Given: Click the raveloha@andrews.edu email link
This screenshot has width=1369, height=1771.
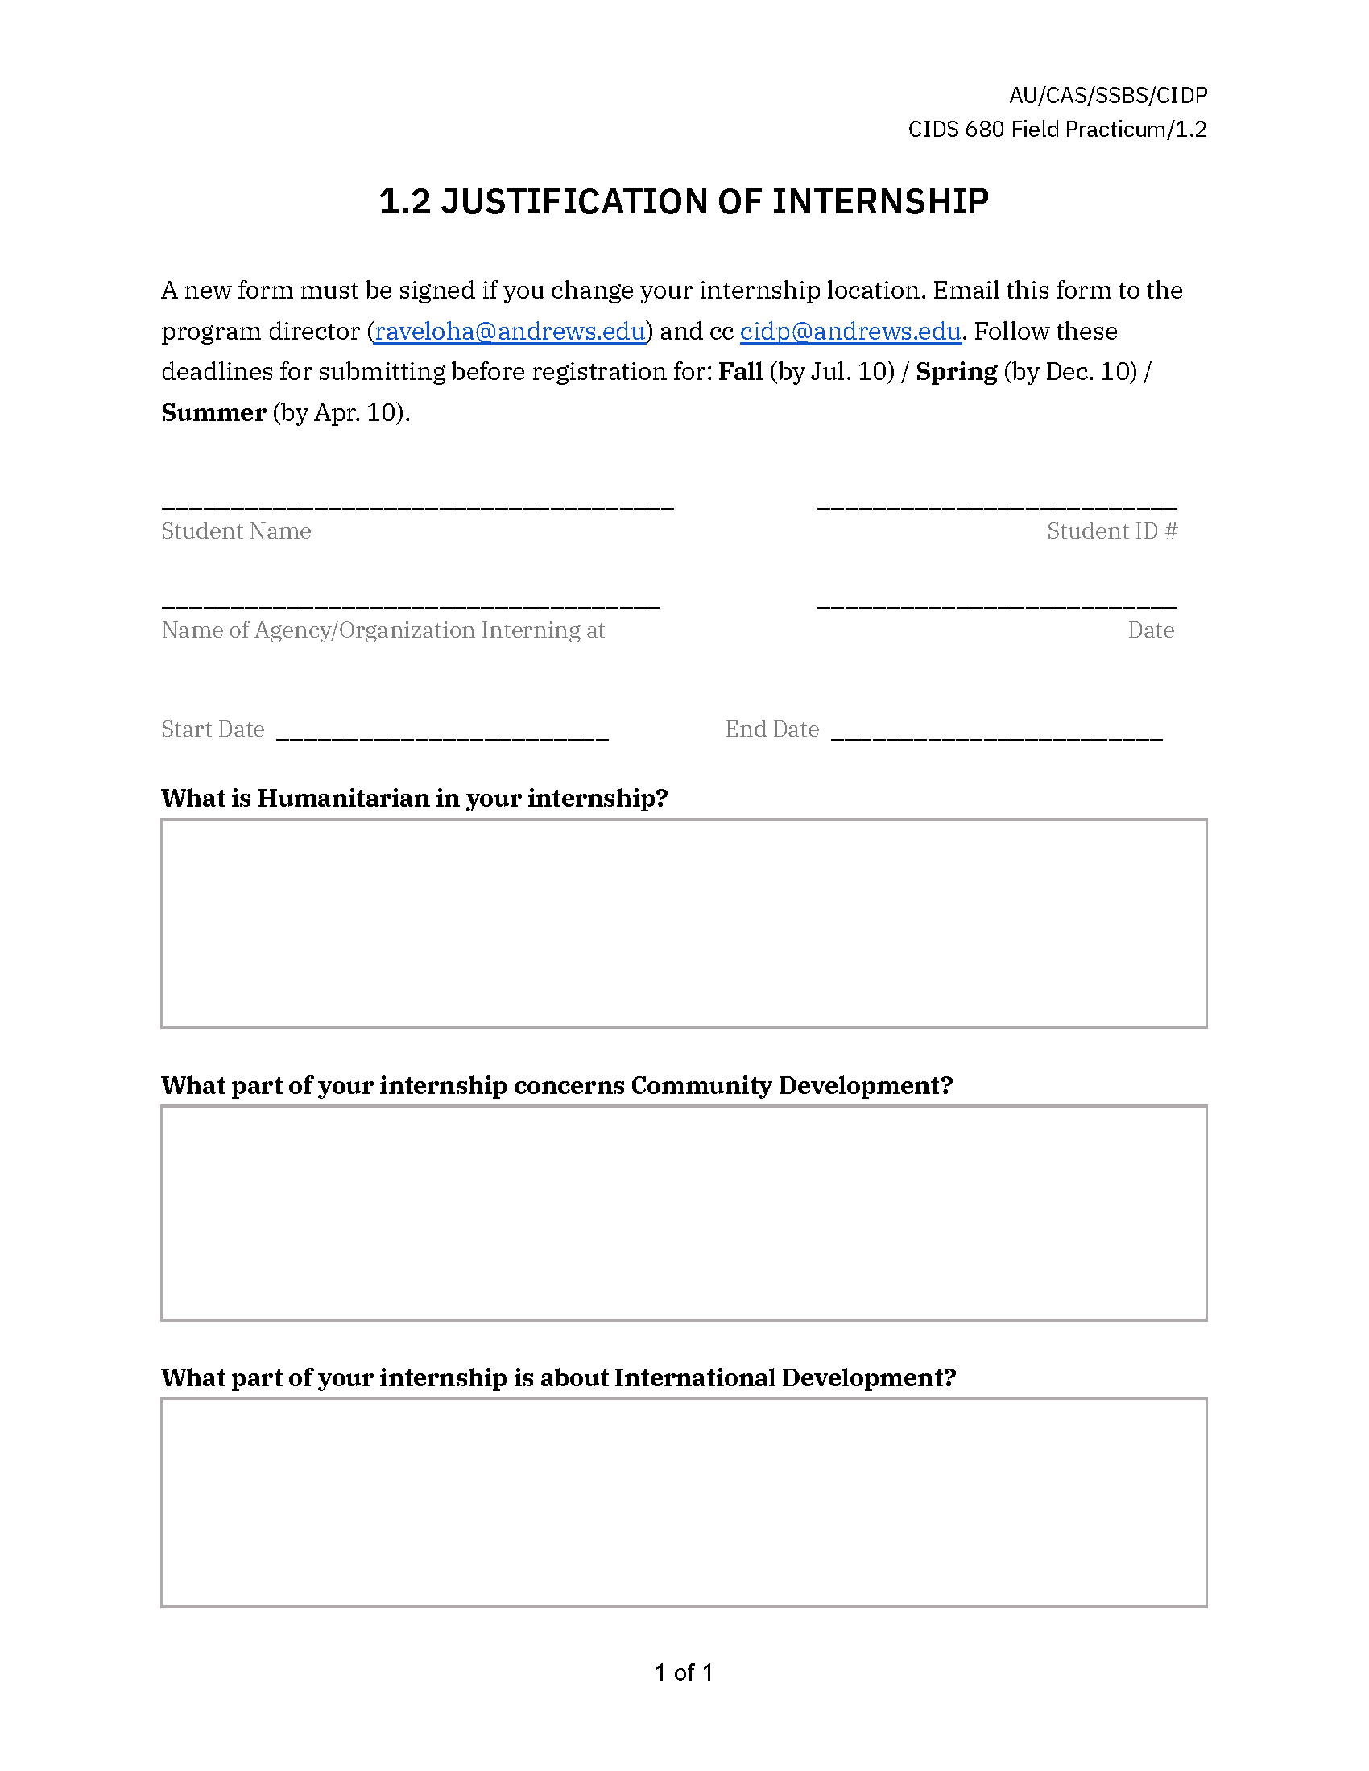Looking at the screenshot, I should [509, 332].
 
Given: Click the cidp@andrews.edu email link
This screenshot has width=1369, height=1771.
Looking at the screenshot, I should [850, 332].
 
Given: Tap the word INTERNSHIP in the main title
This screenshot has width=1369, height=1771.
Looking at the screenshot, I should [880, 202].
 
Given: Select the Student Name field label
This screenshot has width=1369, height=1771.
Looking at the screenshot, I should [236, 531].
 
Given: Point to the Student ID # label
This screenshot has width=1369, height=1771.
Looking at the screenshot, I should [1111, 531].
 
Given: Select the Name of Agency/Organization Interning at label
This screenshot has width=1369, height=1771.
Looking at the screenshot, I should [383, 630].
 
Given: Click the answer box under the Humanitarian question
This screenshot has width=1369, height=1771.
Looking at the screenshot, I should [684, 923].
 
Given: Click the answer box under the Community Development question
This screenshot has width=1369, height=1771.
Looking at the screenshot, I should [684, 1212].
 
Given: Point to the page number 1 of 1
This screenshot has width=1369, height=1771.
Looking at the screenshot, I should [684, 1672].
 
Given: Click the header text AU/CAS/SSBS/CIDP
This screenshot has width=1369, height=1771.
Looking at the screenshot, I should [1108, 96].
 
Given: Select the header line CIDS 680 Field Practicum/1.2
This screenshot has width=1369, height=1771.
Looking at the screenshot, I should [1057, 130].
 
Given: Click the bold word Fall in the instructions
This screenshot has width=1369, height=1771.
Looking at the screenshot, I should [739, 371].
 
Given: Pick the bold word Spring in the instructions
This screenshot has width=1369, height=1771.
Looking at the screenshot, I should [956, 371].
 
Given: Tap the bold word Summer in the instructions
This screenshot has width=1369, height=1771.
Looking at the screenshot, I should [213, 413].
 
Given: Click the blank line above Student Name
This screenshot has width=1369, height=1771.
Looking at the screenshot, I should [417, 505].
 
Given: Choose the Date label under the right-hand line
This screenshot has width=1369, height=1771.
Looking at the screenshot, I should [1150, 630].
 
